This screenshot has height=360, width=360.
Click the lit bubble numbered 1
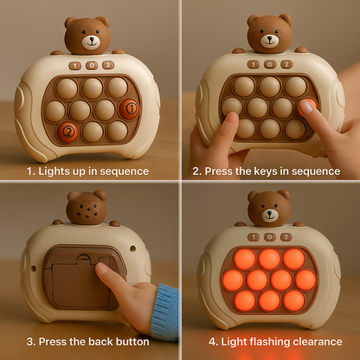coord(129,109)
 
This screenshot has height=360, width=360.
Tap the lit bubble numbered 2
coord(67,132)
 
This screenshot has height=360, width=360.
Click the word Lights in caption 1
coord(55,171)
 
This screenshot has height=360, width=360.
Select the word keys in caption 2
coord(266,171)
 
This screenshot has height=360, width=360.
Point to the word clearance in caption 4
coord(318,342)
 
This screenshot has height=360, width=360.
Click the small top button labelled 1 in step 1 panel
coord(75,66)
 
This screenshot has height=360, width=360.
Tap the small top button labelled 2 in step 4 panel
coord(286,237)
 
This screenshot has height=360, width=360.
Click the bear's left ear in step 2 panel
coord(253,20)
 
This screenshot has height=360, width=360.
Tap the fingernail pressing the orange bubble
coord(305,107)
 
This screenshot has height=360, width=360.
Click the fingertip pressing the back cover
coord(101,268)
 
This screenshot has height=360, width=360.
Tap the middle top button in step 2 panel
coord(270,64)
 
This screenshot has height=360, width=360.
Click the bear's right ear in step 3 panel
coord(100,195)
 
